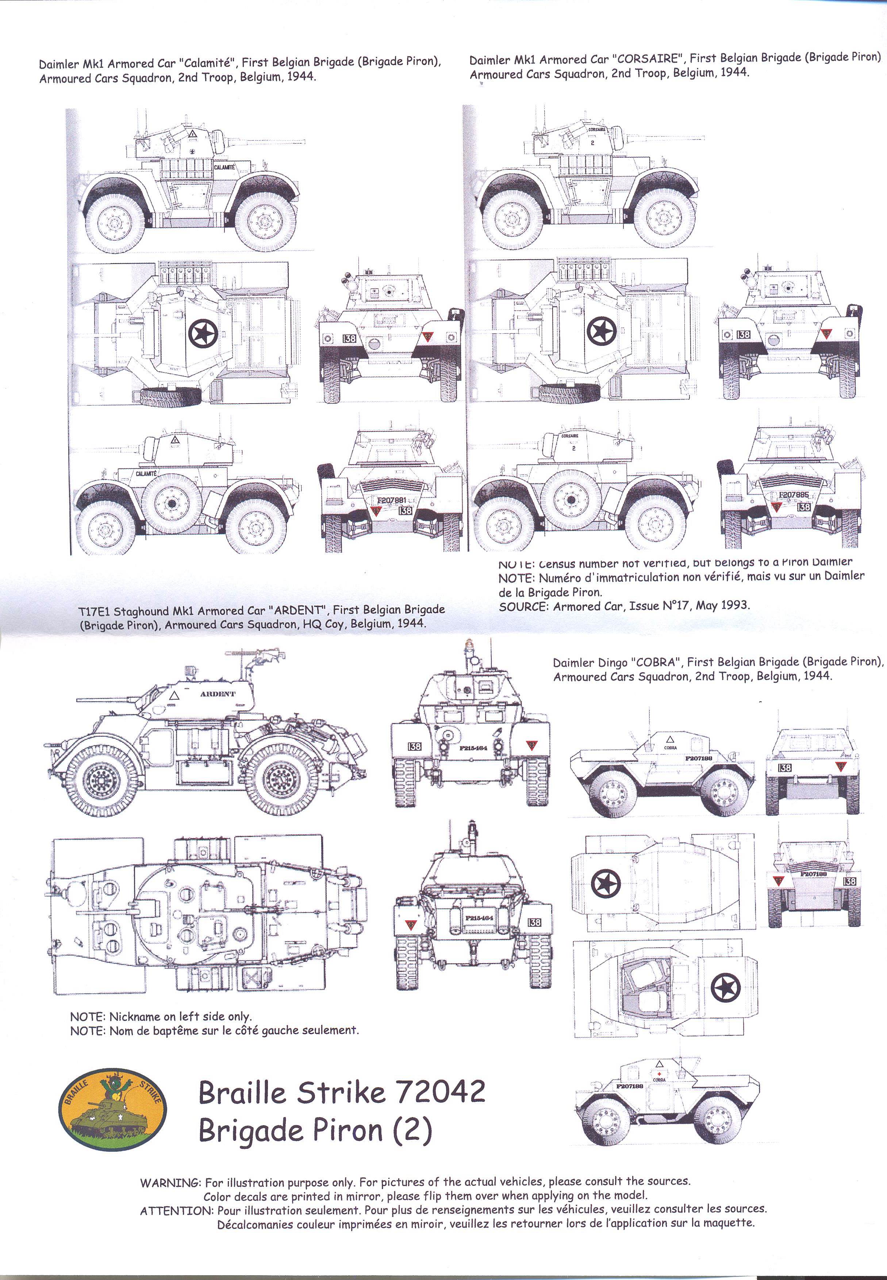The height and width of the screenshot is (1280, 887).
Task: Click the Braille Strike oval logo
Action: pyautogui.click(x=112, y=1109)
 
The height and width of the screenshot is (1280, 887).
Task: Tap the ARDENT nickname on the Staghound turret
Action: pyautogui.click(x=218, y=694)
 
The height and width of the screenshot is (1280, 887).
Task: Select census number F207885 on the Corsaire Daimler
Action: pyautogui.click(x=793, y=494)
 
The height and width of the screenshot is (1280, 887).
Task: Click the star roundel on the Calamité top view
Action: pyautogui.click(x=203, y=334)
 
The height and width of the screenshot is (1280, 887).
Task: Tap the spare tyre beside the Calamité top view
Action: pyautogui.click(x=170, y=396)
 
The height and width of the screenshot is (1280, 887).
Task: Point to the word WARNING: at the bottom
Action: pyautogui.click(x=170, y=1182)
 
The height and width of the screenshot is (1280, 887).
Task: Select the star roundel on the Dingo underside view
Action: pyautogui.click(x=725, y=989)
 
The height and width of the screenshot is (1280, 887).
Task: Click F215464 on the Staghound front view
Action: pyautogui.click(x=473, y=748)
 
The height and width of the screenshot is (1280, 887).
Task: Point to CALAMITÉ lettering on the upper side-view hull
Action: pyautogui.click(x=224, y=167)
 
